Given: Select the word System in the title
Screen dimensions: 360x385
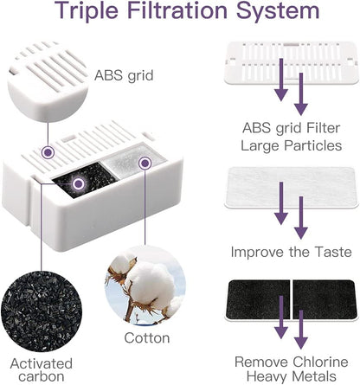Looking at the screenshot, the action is click(x=278, y=11).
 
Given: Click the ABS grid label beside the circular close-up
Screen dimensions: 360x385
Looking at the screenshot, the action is click(x=124, y=75).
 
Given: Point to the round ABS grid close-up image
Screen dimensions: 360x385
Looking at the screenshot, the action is click(x=48, y=81).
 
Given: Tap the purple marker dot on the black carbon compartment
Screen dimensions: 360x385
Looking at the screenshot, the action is click(x=78, y=183).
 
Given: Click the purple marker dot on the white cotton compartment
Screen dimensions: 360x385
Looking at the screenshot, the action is click(x=145, y=164).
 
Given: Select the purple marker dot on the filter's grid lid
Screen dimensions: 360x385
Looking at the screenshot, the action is click(x=48, y=152).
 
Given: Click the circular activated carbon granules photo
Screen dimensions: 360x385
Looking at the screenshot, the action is click(x=42, y=311).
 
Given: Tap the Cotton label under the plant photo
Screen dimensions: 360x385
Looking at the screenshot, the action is click(x=147, y=338).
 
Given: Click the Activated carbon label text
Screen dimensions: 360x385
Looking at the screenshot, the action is click(x=42, y=370).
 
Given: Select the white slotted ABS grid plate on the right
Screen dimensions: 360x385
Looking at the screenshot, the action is click(x=292, y=62).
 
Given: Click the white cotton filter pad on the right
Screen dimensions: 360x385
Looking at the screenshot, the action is click(x=292, y=188).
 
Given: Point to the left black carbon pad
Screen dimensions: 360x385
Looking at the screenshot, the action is click(x=258, y=299).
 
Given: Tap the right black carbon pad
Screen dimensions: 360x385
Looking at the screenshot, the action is click(x=325, y=299).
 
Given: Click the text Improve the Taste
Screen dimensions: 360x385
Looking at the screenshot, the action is click(x=292, y=252).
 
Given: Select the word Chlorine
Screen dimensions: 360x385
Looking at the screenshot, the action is click(x=320, y=362).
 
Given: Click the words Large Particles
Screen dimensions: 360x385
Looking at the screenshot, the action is click(x=292, y=145).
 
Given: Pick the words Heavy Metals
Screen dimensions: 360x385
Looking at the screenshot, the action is click(x=292, y=376).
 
